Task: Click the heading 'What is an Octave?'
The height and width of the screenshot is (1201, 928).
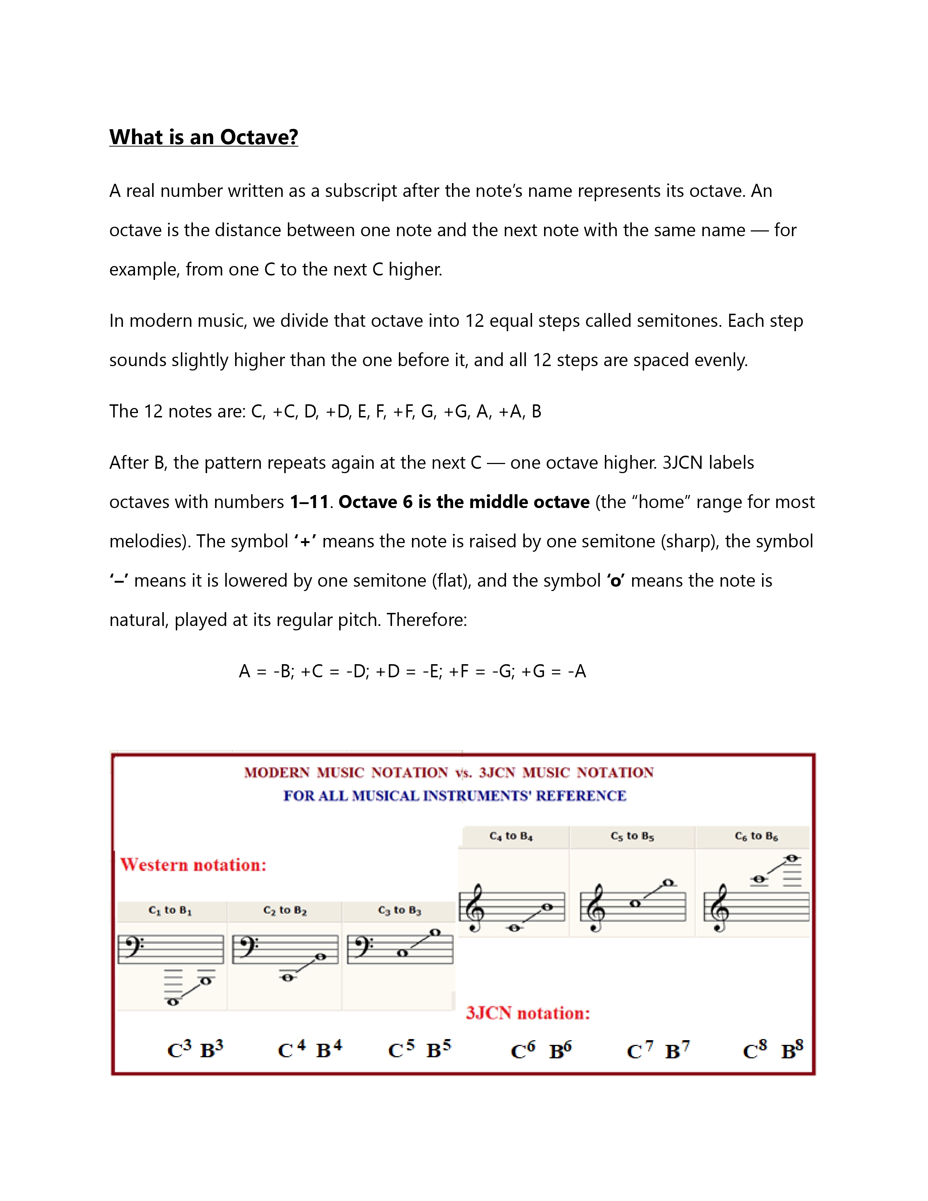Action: click(x=203, y=137)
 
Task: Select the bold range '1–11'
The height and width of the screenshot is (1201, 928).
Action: click(x=309, y=502)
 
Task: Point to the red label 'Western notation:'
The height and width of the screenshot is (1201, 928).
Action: click(x=194, y=865)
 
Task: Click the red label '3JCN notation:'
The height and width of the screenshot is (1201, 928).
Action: click(x=528, y=1013)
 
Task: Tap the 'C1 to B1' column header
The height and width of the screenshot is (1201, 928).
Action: click(x=170, y=911)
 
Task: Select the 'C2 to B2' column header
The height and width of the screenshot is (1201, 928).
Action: click(x=285, y=911)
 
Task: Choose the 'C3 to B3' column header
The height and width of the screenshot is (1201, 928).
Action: click(x=400, y=911)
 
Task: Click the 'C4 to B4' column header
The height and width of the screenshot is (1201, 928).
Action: click(x=511, y=836)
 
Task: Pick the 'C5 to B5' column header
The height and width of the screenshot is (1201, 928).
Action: click(x=632, y=836)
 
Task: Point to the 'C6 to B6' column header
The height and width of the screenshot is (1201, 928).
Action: click(x=757, y=836)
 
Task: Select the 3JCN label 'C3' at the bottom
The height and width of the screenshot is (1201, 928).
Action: click(x=179, y=1049)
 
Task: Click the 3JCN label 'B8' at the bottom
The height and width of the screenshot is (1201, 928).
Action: click(x=792, y=1049)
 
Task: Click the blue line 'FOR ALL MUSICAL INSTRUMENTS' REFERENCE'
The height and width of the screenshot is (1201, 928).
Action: click(x=455, y=796)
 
